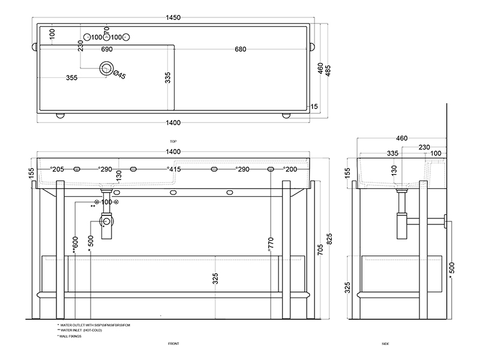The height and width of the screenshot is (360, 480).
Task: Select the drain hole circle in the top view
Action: (107, 69)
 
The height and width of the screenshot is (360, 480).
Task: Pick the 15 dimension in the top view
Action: (314, 107)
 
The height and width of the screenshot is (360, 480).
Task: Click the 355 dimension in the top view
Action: (71, 77)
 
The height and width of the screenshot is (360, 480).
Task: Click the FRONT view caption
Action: (173, 344)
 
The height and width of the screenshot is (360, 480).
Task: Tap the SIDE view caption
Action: (385, 344)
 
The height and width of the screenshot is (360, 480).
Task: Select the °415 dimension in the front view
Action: (174, 170)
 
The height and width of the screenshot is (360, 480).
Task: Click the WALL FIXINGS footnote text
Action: (70, 336)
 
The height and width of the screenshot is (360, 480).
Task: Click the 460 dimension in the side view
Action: (402, 139)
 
